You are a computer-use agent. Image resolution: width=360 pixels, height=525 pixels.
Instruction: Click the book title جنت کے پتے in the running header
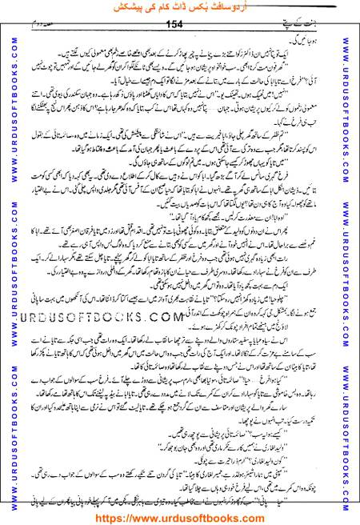click(320, 26)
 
